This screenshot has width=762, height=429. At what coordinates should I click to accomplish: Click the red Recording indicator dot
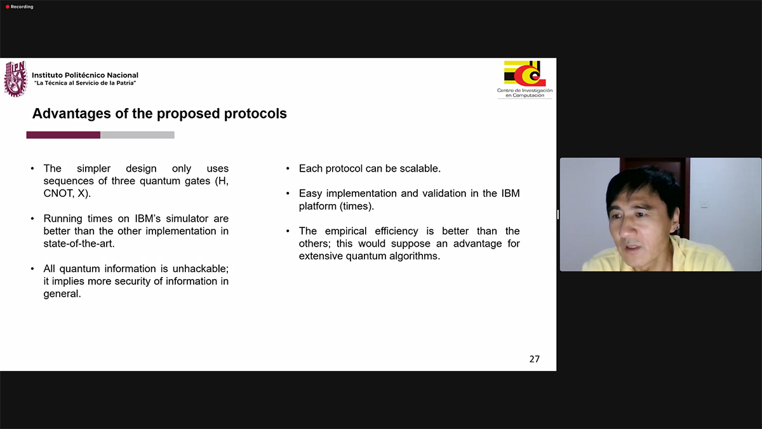tap(8, 7)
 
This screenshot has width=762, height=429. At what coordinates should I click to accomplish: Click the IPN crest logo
tap(16, 79)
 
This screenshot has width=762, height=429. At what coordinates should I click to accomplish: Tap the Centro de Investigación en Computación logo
tap(525, 79)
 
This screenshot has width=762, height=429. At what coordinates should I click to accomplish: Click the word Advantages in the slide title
tap(71, 114)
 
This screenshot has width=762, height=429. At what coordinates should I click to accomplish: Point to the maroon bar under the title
tap(63, 135)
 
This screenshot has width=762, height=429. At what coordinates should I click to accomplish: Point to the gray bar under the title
tap(137, 135)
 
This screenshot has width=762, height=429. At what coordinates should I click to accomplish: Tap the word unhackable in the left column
tap(201, 269)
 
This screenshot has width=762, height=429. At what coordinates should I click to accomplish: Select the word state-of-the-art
tap(79, 244)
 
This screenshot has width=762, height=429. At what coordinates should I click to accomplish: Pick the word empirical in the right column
tap(345, 231)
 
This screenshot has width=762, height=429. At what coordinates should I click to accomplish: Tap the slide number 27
tap(535, 359)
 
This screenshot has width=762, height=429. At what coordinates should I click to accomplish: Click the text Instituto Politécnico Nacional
tap(85, 75)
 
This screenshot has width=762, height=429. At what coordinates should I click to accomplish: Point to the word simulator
tap(187, 219)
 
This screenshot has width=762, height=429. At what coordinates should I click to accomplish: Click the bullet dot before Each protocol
tap(288, 168)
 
